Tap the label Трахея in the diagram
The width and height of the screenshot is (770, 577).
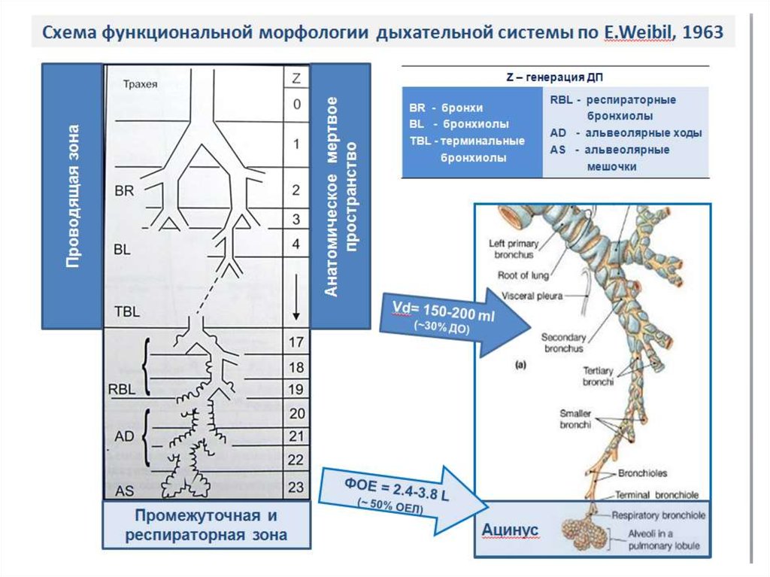pos(140,84)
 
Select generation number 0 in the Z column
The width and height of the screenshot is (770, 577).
pos(296,104)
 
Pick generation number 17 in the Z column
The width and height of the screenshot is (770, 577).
pos(296,342)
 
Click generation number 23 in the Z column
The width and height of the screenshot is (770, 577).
pos(296,487)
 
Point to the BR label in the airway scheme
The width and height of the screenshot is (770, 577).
pos(124,191)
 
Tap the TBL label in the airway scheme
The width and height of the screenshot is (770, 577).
pos(127,311)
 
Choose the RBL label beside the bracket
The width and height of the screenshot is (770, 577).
pos(123,389)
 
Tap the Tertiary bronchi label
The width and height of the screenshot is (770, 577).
pos(598,376)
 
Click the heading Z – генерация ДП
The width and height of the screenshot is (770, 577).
pos(554,77)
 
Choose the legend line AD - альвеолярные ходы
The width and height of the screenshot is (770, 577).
pos(626,133)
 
